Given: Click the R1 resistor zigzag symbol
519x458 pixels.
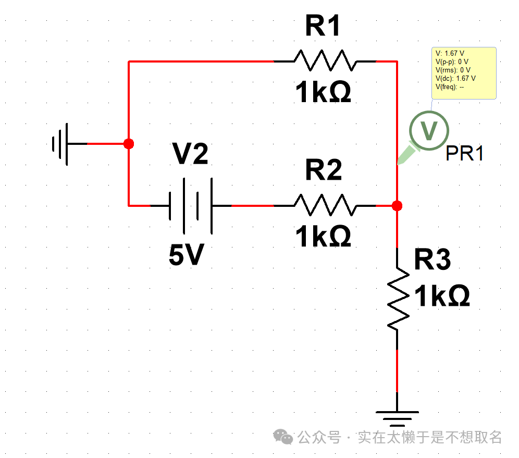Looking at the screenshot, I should [x=325, y=61].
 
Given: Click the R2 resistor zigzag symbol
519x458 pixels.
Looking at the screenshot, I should [x=325, y=205].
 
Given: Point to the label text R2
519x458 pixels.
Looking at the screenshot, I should [x=323, y=170].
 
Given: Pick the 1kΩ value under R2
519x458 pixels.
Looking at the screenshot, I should [x=323, y=237].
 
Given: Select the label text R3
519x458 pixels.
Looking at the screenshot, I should [x=432, y=260].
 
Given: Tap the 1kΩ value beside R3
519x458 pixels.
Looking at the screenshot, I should [x=442, y=296].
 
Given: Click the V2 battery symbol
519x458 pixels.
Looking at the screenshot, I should [x=191, y=206].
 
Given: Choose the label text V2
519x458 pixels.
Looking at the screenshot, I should [x=190, y=155].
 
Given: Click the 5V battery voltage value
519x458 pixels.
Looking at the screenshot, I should [x=186, y=255].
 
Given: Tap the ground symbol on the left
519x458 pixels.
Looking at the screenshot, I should [x=61, y=143].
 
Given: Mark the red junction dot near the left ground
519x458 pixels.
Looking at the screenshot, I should [x=129, y=143].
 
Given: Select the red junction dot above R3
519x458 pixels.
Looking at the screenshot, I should [x=397, y=206].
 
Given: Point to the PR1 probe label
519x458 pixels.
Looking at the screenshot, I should [x=465, y=154].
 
